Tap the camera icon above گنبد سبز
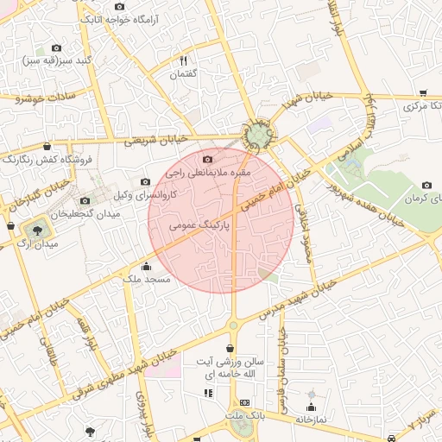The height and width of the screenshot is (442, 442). click(57, 48)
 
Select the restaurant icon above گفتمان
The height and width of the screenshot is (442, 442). click(183, 60)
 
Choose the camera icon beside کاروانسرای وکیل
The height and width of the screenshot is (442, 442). click(145, 182)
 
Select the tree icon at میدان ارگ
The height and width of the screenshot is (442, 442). click(37, 230)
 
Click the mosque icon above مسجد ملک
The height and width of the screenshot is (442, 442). click(146, 266)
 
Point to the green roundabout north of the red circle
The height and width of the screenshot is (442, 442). click(256, 136)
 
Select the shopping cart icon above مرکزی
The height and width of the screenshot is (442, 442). click(423, 93)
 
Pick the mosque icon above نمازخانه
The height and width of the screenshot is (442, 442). click(312, 406)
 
